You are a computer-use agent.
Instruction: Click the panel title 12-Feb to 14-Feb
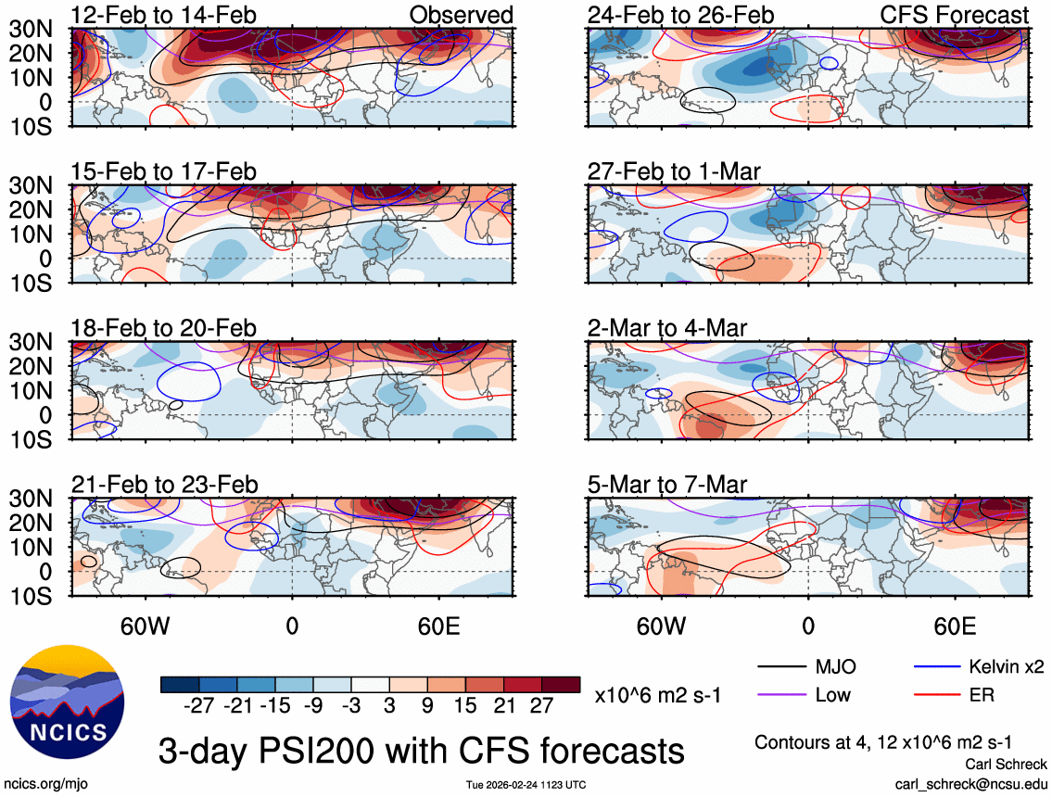tap(164, 15)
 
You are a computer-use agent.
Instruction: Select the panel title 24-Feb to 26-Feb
tap(680, 15)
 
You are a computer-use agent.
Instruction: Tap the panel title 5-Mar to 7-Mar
tap(667, 485)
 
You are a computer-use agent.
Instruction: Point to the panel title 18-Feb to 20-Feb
tap(164, 328)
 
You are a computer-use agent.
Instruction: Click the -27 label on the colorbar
tap(199, 706)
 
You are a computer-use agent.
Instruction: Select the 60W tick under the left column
tap(146, 626)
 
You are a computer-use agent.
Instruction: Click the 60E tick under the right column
tap(955, 626)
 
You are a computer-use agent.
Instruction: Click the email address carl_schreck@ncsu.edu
tap(970, 783)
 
